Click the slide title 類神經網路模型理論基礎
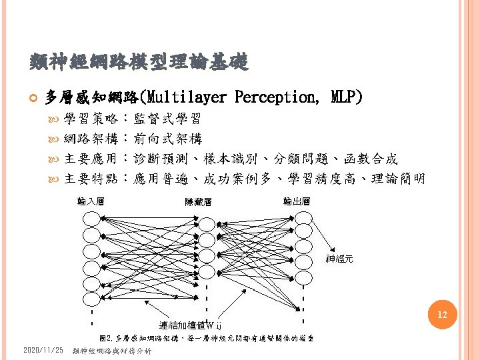139,63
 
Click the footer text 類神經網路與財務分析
112,351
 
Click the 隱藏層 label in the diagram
198,202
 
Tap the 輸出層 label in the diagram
296,201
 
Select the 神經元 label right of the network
339,259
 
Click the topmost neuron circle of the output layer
303,217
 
